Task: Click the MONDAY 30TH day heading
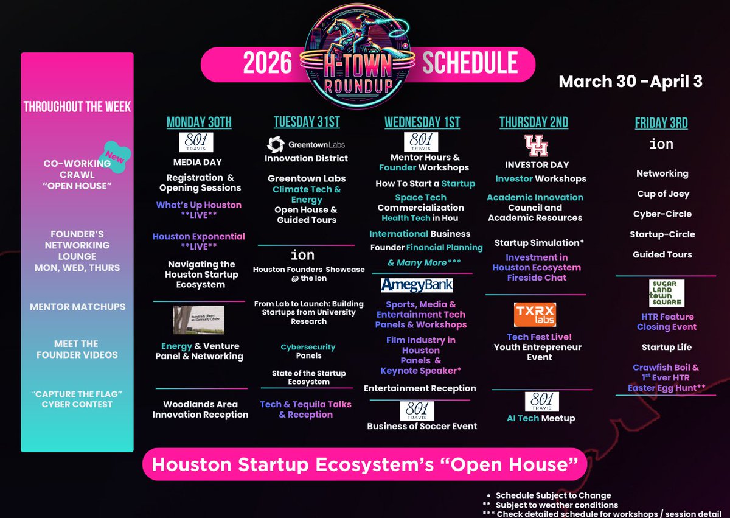199,122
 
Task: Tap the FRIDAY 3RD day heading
661,123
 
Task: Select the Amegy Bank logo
417,285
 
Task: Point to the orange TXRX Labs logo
535,315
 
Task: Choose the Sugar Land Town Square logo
666,293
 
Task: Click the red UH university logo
537,146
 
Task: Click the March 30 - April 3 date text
630,82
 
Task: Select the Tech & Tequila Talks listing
305,409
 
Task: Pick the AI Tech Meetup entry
541,418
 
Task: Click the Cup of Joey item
662,194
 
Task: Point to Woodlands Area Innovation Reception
200,409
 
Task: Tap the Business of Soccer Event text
422,426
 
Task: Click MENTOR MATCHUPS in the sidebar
77,307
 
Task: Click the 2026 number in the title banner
267,64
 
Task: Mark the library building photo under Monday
199,320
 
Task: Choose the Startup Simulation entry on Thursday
539,243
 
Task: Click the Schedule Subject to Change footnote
553,495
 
